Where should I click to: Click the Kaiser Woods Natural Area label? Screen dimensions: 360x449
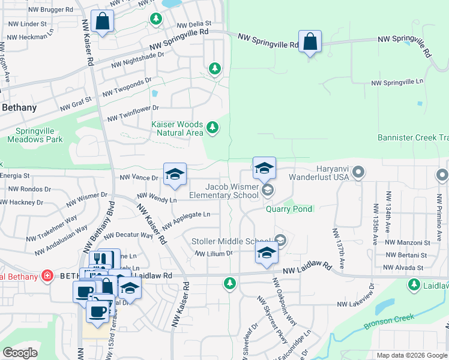click(x=176, y=128)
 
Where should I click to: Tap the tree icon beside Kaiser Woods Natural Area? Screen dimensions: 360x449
click(x=212, y=127)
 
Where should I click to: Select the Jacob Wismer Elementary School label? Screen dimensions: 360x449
click(x=223, y=191)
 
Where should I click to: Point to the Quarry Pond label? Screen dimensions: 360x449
click(x=289, y=209)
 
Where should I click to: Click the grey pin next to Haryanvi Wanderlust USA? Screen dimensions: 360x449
click(x=358, y=173)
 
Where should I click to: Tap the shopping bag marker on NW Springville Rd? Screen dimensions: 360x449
click(x=310, y=42)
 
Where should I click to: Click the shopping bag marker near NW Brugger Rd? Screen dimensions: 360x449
click(x=103, y=22)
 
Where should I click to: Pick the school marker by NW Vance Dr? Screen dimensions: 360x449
click(x=175, y=175)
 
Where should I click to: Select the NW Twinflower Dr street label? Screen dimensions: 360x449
click(x=133, y=113)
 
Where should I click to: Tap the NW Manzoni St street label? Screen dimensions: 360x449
click(x=412, y=242)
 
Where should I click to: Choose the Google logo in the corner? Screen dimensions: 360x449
click(x=20, y=352)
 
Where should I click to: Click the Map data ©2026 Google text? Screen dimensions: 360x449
click(x=412, y=355)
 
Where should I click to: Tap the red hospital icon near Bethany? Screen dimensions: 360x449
click(x=47, y=276)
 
